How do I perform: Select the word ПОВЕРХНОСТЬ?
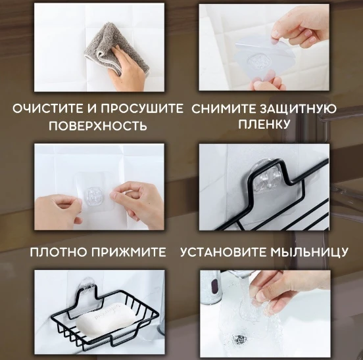coord(98,125)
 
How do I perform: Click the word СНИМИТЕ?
coord(224,109)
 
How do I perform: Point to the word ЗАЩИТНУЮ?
coord(298,109)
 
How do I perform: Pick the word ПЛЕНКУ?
coord(264,124)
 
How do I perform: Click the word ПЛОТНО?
coord(59,252)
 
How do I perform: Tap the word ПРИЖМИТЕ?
coord(129,252)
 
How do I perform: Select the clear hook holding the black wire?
coord(266,175)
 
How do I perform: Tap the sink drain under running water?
coord(239,339)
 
